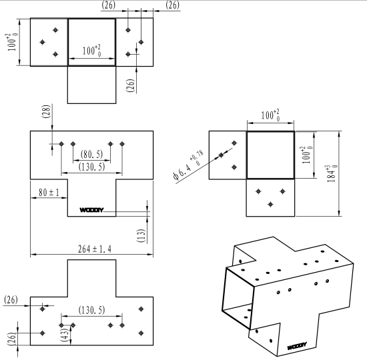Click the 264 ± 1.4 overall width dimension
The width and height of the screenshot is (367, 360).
pyautogui.click(x=95, y=249)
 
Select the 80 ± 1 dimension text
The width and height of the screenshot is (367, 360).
pyautogui.click(x=49, y=193)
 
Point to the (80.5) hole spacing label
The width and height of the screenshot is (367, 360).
pyautogui.click(x=92, y=154)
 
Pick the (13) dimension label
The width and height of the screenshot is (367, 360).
pyautogui.click(x=141, y=235)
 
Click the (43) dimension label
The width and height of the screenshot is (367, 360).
pyautogui.click(x=65, y=335)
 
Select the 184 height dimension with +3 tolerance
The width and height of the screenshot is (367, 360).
pyautogui.click(x=332, y=173)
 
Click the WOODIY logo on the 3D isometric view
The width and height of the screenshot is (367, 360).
pyautogui.click(x=297, y=346)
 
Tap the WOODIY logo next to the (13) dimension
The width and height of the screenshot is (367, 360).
pyautogui.click(x=91, y=210)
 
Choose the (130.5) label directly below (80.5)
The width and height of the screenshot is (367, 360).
pyautogui.click(x=92, y=167)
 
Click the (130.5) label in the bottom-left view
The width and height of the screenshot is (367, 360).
pyautogui.click(x=92, y=310)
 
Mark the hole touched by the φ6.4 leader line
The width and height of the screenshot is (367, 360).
pyautogui.click(x=221, y=155)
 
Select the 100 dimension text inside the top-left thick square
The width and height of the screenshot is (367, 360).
pyautogui.click(x=92, y=50)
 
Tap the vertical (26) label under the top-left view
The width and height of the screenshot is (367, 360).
pyautogui.click(x=131, y=85)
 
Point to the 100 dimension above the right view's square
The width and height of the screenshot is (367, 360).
pyautogui.click(x=270, y=115)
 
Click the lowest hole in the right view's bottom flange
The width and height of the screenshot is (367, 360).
pyautogui.click(x=270, y=204)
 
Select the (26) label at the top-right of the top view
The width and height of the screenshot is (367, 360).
pyautogui.click(x=173, y=5)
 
